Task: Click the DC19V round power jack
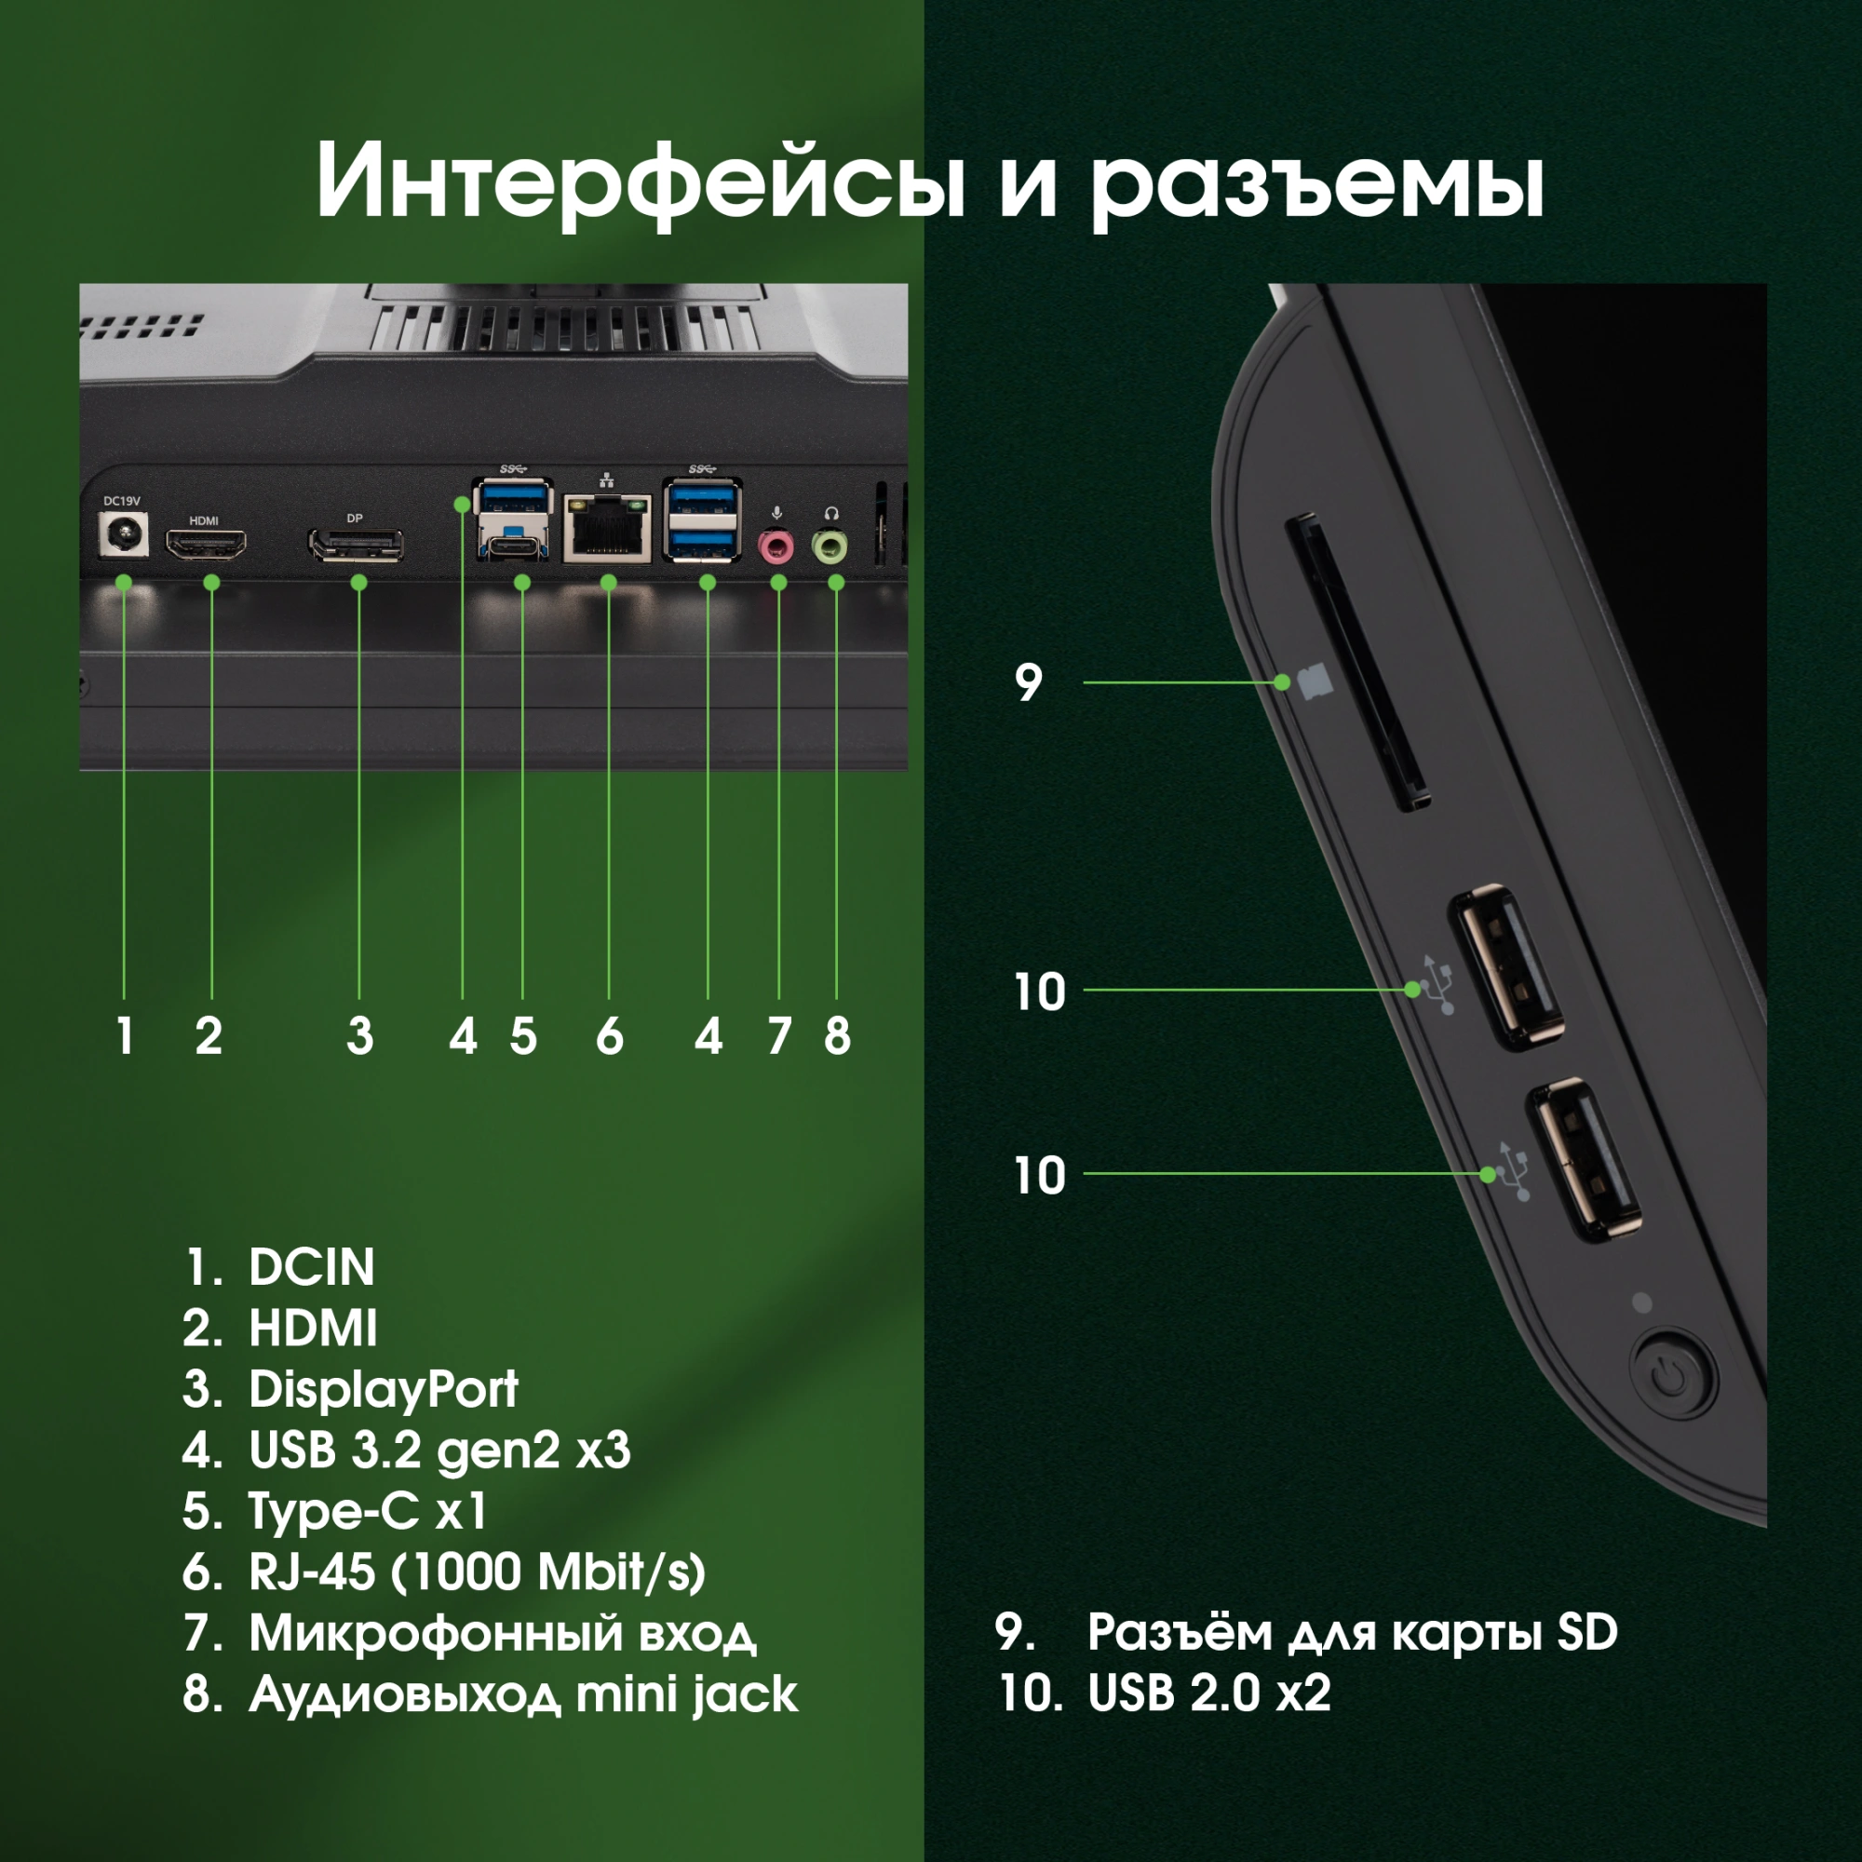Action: pos(125,535)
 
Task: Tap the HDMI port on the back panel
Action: pos(205,546)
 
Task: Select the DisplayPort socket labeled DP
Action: pos(356,546)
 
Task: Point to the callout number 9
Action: pos(1029,683)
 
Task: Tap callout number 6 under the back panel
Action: pos(609,1037)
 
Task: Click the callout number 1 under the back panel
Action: pos(125,1037)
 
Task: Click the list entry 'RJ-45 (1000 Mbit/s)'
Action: pos(476,1572)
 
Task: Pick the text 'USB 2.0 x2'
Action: pos(1208,1693)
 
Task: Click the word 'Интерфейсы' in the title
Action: pos(640,183)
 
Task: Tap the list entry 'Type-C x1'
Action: pos(367,1511)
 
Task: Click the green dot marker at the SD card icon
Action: pos(1282,682)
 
